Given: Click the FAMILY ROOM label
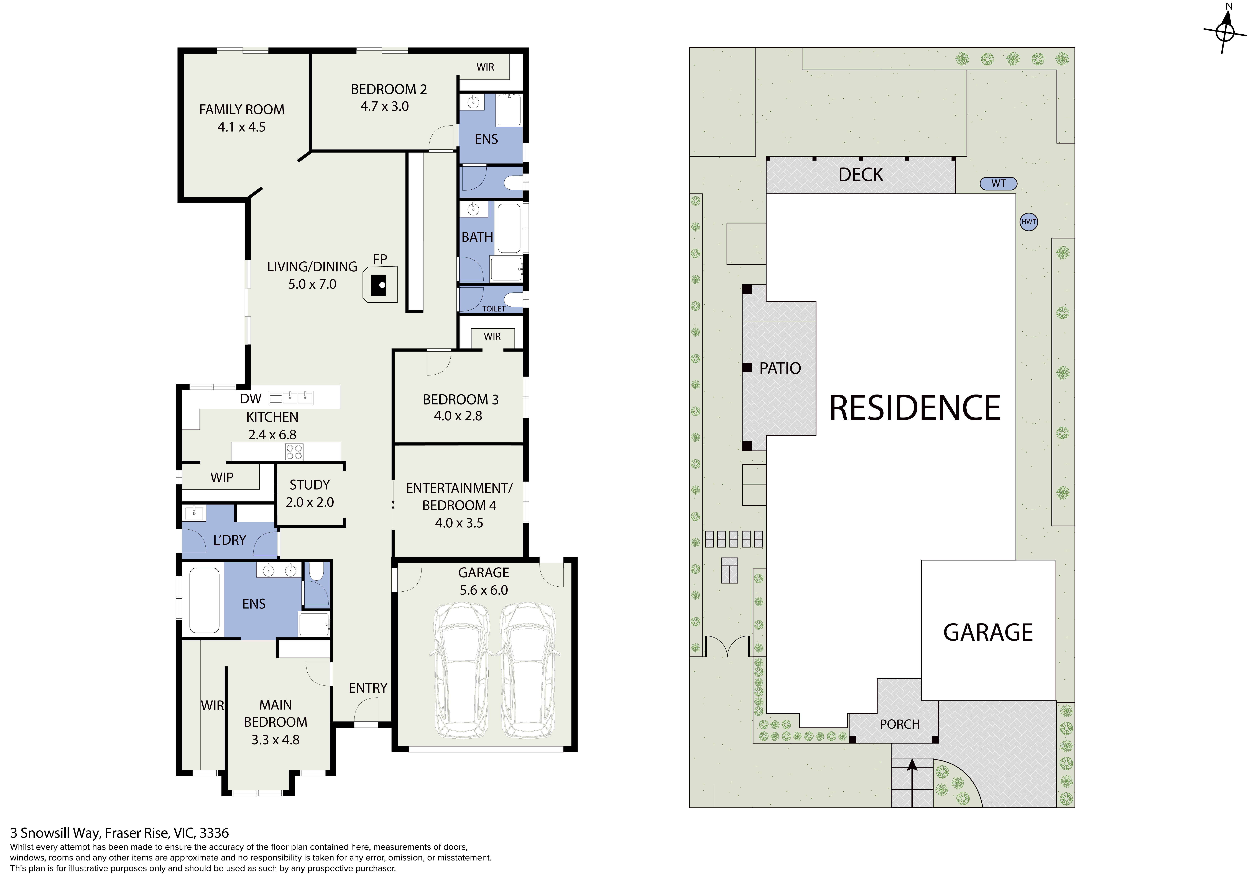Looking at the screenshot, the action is pos(242,109).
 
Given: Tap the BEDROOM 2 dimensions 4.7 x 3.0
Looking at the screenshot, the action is pos(385,106).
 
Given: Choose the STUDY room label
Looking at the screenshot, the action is pos(310,485).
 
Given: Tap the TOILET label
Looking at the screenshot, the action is pos(494,309).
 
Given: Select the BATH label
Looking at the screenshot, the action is pos(477,237).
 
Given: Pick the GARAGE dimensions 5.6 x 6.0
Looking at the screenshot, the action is pos(484,590).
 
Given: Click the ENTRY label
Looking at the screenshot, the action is pos(368,688).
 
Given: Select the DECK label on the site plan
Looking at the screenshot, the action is pos(861,175).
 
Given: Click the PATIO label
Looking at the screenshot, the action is pos(780,368).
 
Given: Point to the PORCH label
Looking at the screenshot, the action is pos(900,724).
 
